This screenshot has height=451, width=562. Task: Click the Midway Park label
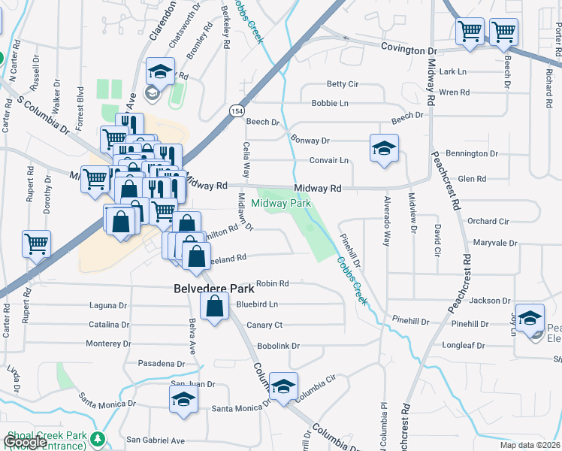click(281, 203)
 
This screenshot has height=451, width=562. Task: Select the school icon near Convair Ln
click(384, 149)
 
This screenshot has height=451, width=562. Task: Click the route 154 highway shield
click(236, 111)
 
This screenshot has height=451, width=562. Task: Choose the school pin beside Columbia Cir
click(283, 387)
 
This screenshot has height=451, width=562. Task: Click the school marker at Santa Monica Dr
click(183, 401)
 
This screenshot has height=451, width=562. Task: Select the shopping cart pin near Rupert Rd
click(36, 243)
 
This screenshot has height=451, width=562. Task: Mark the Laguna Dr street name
click(107, 306)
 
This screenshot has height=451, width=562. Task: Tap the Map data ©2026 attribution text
click(530, 445)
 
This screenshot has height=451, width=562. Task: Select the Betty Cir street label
click(342, 84)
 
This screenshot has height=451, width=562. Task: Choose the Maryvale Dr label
click(495, 244)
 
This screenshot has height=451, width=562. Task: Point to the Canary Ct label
click(268, 325)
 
